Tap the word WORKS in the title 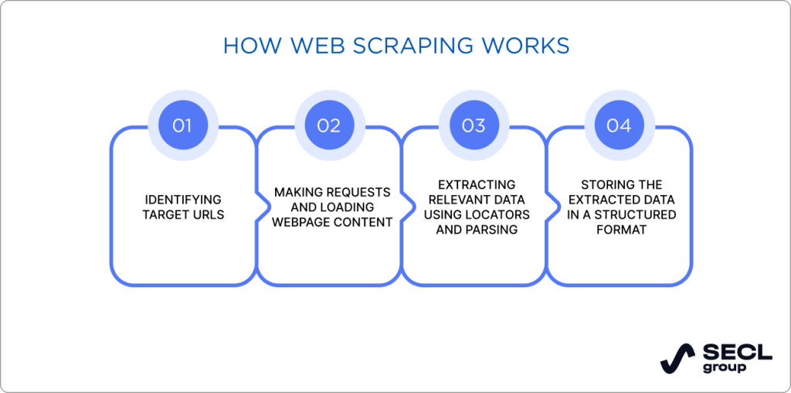[x=529, y=46]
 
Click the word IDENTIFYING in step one [x=183, y=200]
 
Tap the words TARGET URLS [x=183, y=214]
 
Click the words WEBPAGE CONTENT [x=333, y=222]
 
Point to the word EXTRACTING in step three [x=476, y=185]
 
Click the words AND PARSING [x=476, y=230]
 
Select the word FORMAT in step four [x=620, y=230]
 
